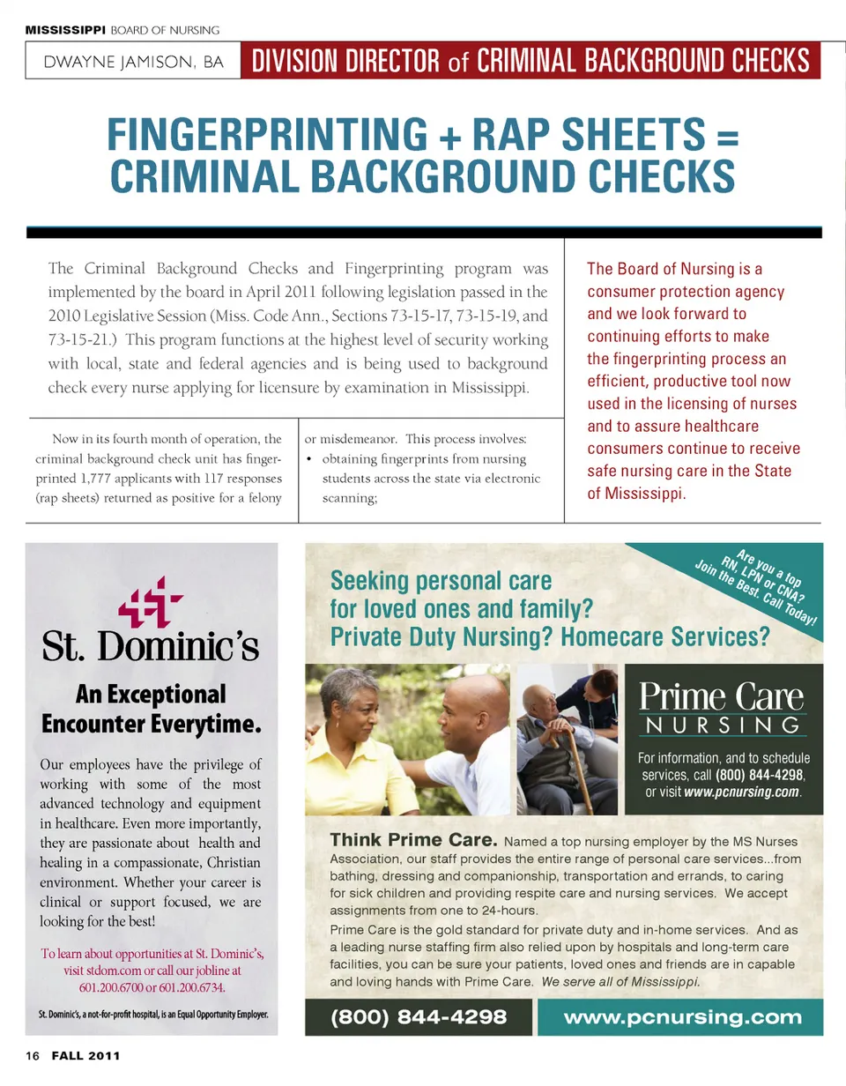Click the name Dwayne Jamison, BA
coord(132,63)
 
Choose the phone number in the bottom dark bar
coord(419,1016)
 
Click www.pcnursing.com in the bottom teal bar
coord(683,1016)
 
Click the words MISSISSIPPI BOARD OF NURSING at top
coord(122,30)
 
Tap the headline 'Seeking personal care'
coord(441,582)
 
